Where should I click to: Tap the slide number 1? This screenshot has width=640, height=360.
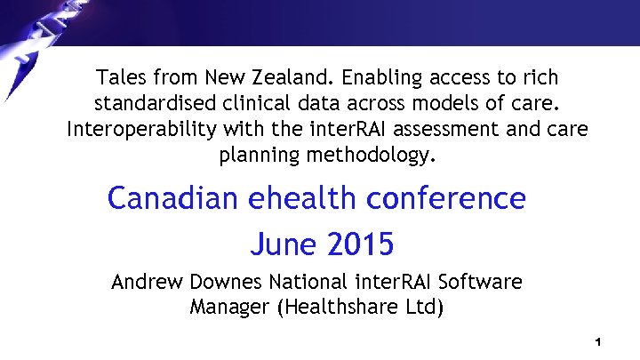tap(599, 342)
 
